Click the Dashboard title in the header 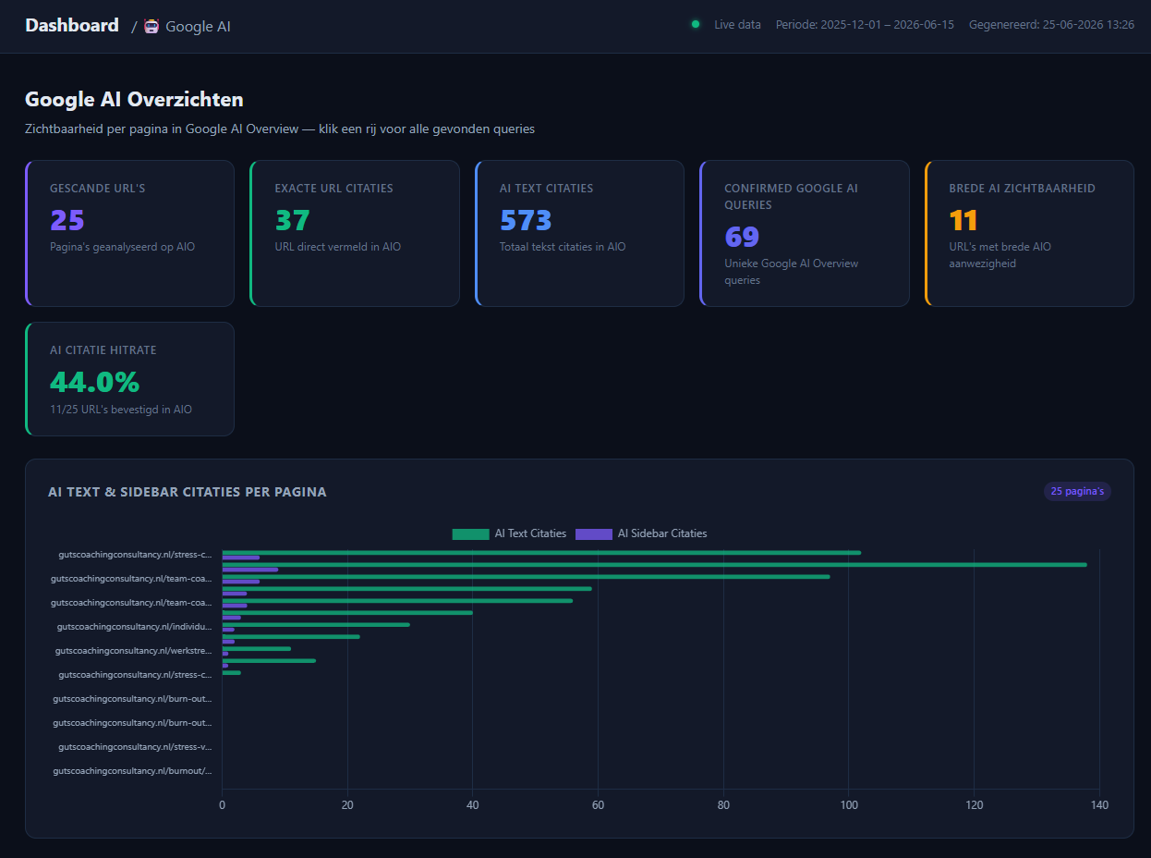[x=72, y=25]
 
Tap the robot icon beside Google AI [x=151, y=26]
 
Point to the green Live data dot [x=696, y=24]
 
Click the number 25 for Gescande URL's [x=67, y=220]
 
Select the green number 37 [x=292, y=220]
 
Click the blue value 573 [x=526, y=220]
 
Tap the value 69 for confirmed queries [x=742, y=237]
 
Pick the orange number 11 [x=963, y=220]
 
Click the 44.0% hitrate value [x=94, y=382]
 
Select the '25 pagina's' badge [x=1077, y=491]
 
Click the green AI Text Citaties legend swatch [x=470, y=533]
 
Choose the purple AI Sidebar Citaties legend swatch [x=594, y=533]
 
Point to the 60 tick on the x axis [x=598, y=805]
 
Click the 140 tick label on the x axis [x=1099, y=805]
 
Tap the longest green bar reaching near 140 [x=654, y=565]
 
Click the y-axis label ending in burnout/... [x=132, y=771]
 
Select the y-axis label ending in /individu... [x=134, y=626]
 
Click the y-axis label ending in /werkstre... [x=133, y=651]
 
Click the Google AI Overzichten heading [x=134, y=99]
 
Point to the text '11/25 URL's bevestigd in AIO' [x=121, y=410]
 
